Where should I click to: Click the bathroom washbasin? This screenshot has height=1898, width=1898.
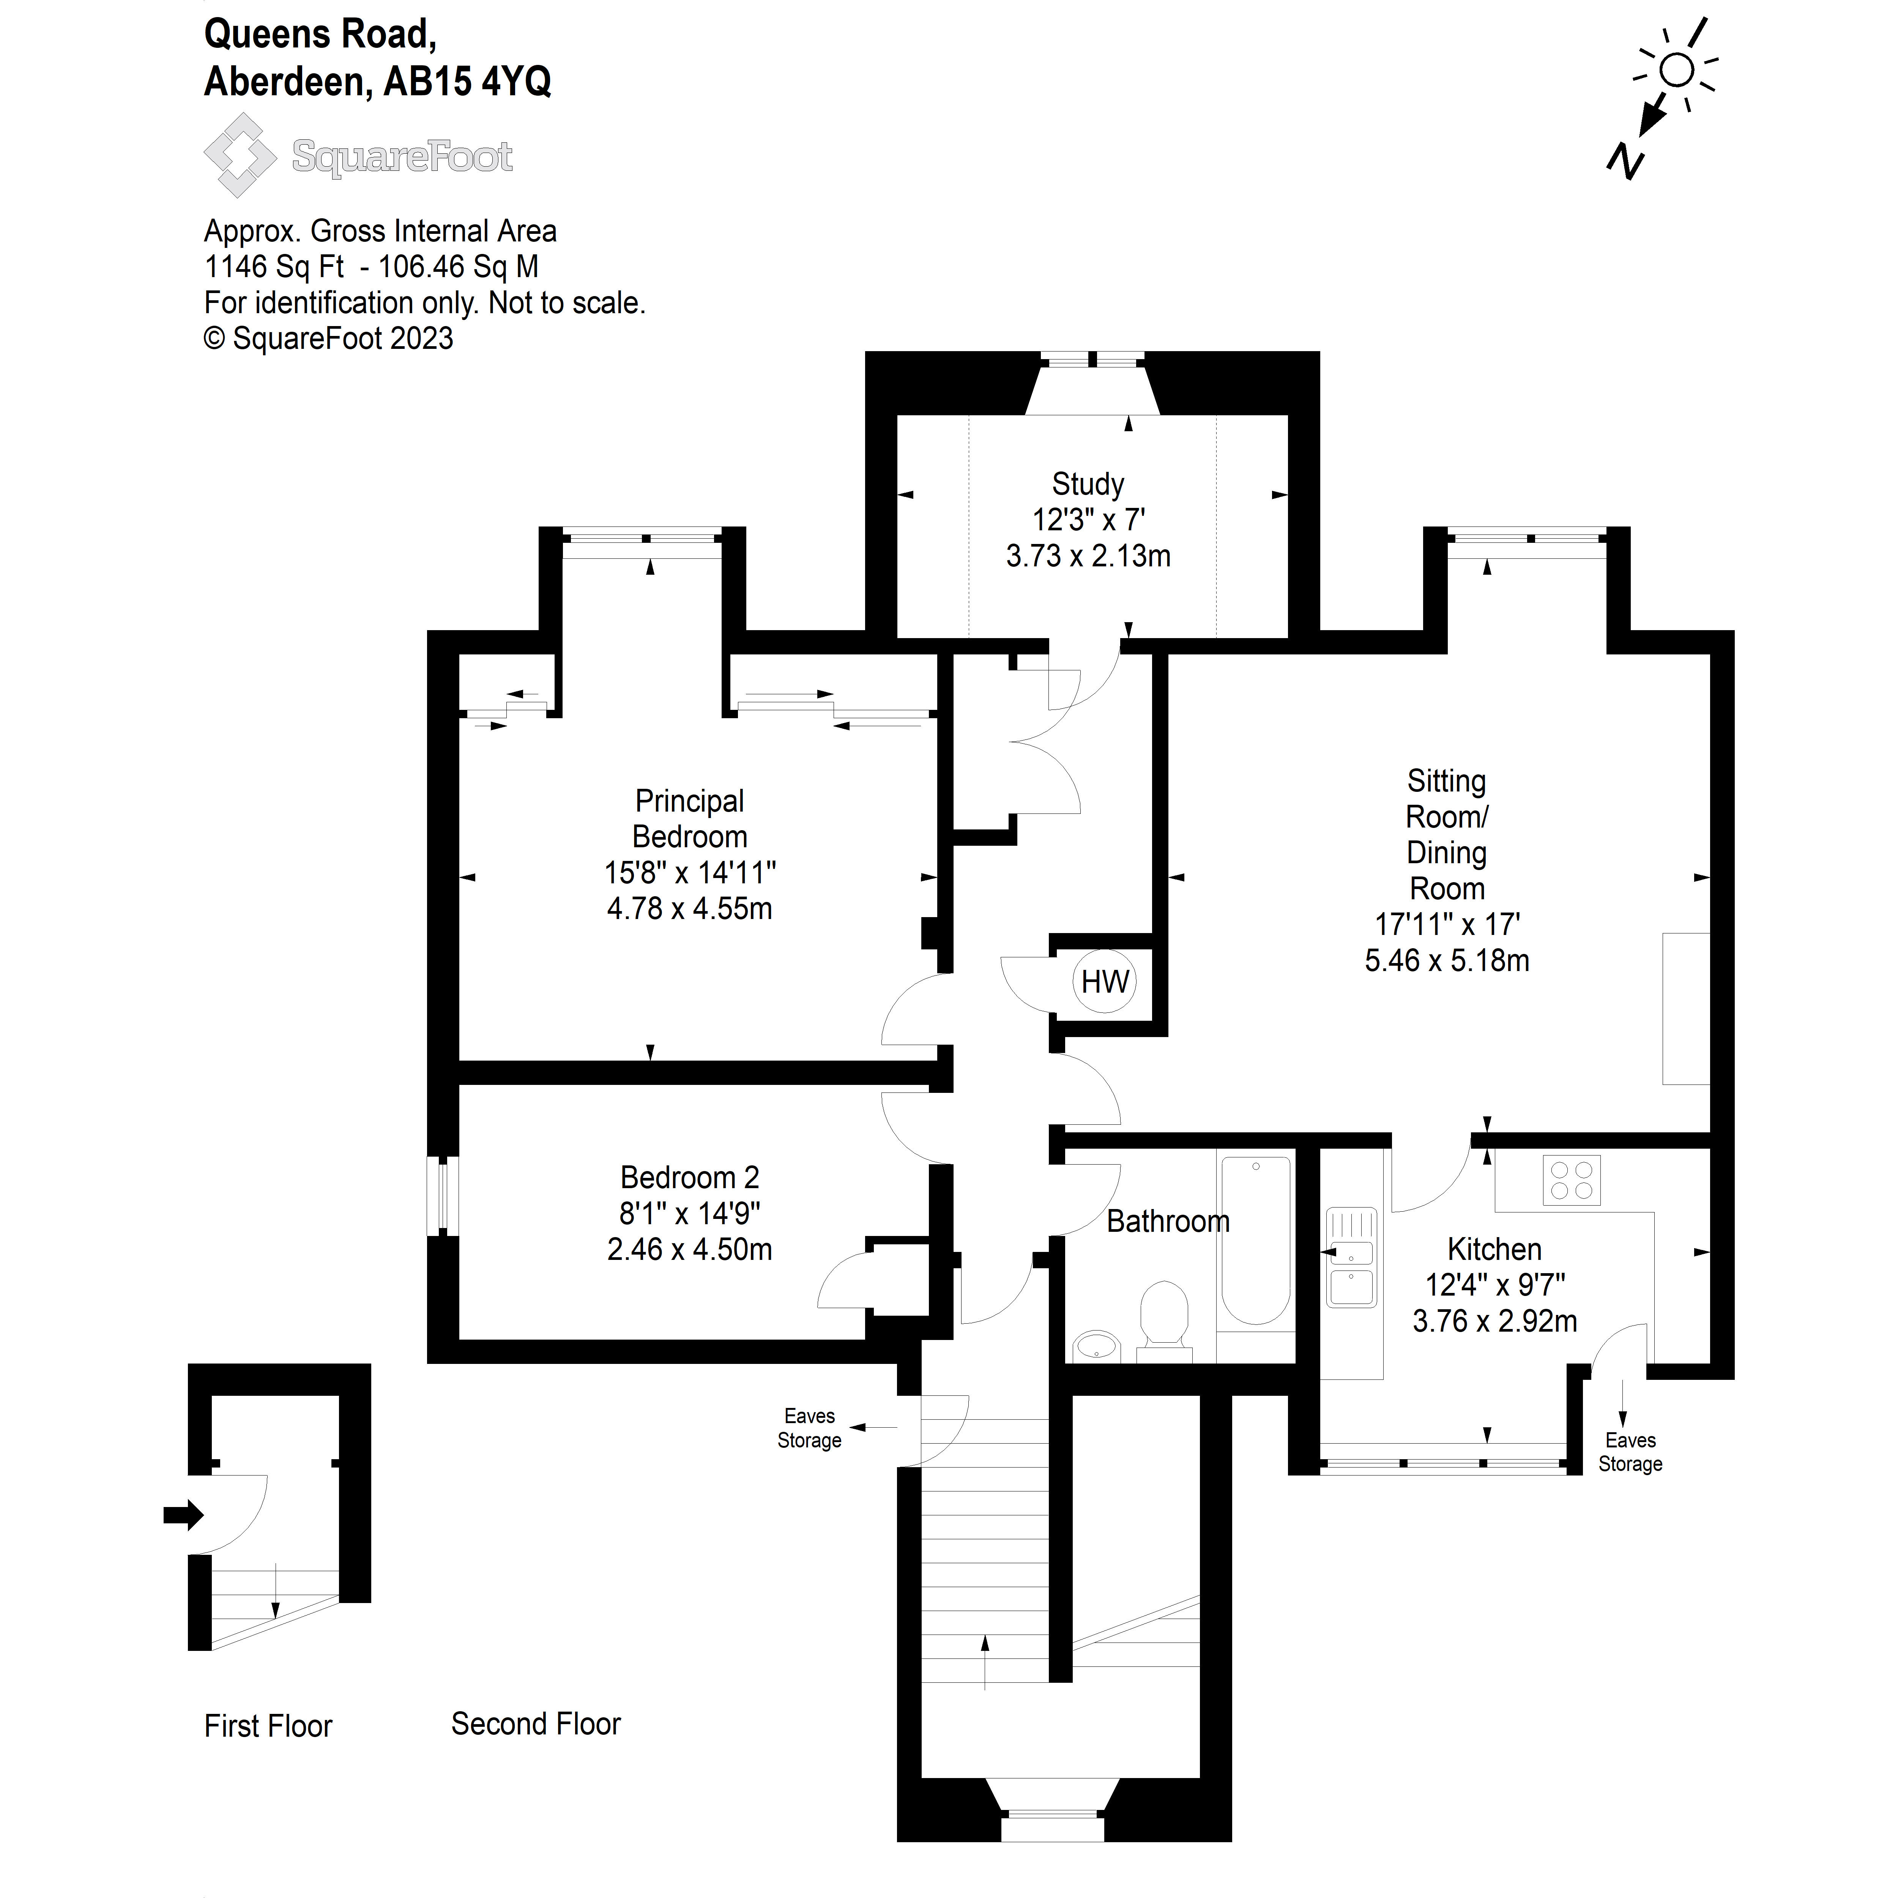click(1097, 1345)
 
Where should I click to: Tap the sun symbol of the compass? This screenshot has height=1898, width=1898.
click(1677, 71)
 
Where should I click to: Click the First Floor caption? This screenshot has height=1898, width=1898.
click(268, 1726)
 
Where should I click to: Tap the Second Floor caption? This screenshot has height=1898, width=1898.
click(535, 1724)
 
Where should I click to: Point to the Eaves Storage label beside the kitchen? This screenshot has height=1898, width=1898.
click(1630, 1452)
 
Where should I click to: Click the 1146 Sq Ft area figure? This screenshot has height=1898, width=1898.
click(274, 266)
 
